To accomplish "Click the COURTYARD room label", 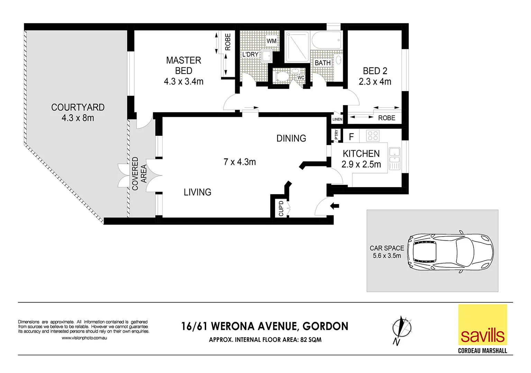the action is coord(78,107).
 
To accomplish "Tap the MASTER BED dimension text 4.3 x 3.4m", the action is coord(183,82).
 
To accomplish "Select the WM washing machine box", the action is coord(272,41).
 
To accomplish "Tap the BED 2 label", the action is coord(375,71).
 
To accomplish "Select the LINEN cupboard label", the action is coord(337,119).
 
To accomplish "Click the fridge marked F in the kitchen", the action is coord(351,136).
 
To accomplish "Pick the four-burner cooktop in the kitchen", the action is coord(373,136).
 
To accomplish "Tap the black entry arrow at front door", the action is coord(335,206).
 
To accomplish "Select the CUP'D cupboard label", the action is coord(281,208).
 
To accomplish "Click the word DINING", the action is coord(291,138).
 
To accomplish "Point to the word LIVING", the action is coord(198,192).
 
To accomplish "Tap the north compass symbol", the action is coord(402,330).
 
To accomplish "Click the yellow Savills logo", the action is coord(483,325).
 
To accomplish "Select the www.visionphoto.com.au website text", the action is coord(84,338).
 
